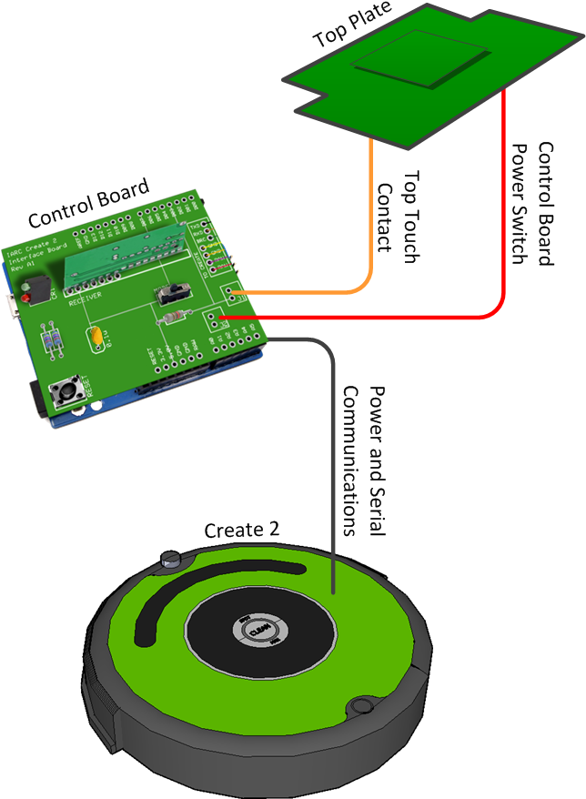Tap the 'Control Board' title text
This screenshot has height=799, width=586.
[x=88, y=205]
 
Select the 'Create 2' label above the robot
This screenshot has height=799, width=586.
[x=241, y=530]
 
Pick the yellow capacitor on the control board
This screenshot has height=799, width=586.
[x=95, y=339]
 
